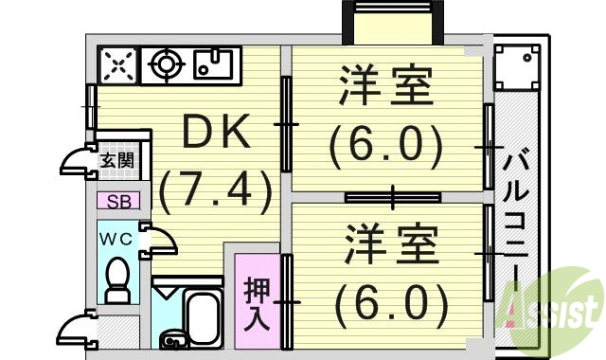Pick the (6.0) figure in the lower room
point(390,302)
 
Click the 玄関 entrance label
point(117,160)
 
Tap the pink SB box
point(118,201)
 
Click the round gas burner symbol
point(168,65)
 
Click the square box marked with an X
point(117,65)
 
